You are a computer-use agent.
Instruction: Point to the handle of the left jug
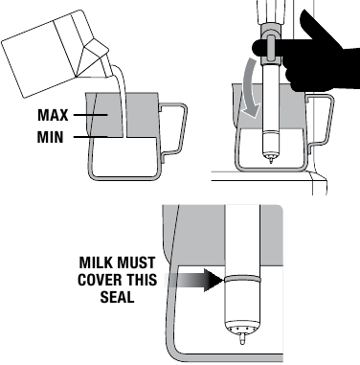[x=171, y=129]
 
